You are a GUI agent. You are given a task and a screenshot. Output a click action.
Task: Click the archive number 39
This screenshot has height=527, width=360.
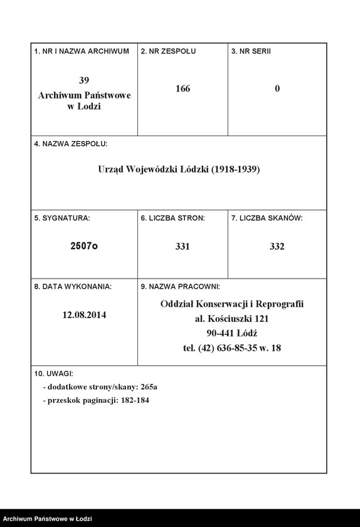tap(84, 80)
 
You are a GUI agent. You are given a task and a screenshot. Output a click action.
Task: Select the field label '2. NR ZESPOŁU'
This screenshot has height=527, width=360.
tap(168, 51)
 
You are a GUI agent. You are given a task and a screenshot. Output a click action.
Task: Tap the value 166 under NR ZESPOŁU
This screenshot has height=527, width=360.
tap(183, 88)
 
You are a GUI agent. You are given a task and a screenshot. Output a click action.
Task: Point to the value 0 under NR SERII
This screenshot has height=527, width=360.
tap(277, 88)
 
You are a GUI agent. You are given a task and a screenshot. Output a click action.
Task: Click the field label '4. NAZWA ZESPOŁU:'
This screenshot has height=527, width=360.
tap(70, 144)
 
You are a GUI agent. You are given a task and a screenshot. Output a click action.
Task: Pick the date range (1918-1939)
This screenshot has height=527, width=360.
tap(235, 169)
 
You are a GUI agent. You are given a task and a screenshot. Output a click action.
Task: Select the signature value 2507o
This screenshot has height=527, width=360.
tap(84, 247)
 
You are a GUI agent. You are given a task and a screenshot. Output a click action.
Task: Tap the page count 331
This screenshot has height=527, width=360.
tap(183, 247)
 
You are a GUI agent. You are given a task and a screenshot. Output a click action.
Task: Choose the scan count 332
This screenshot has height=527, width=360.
tap(277, 247)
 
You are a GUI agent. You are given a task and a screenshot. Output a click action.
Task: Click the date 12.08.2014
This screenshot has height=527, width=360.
tap(84, 315)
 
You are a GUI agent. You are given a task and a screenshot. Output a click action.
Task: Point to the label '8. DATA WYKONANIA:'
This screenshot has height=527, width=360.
tap(73, 287)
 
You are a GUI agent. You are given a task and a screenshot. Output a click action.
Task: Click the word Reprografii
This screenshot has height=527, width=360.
tap(280, 304)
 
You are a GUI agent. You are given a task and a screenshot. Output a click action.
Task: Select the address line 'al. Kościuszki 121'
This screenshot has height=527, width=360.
tap(231, 319)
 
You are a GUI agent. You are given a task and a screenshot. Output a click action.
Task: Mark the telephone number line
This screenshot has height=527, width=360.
tap(231, 348)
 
